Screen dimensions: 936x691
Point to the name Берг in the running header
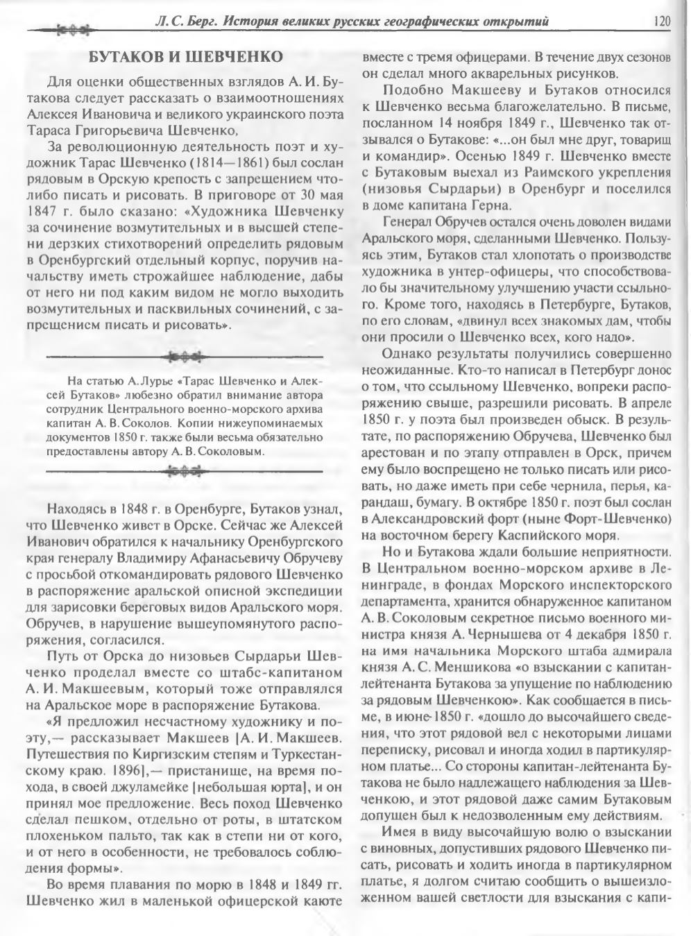point(201,22)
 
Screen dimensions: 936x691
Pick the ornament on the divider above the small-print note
point(183,356)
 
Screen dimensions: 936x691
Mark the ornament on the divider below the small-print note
point(183,472)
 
